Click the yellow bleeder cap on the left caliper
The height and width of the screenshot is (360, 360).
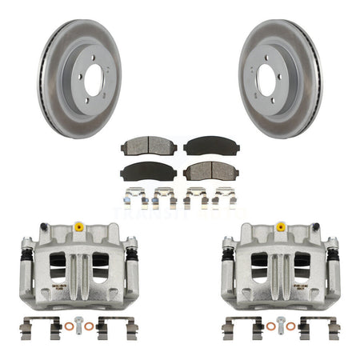click(x=79, y=228)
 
